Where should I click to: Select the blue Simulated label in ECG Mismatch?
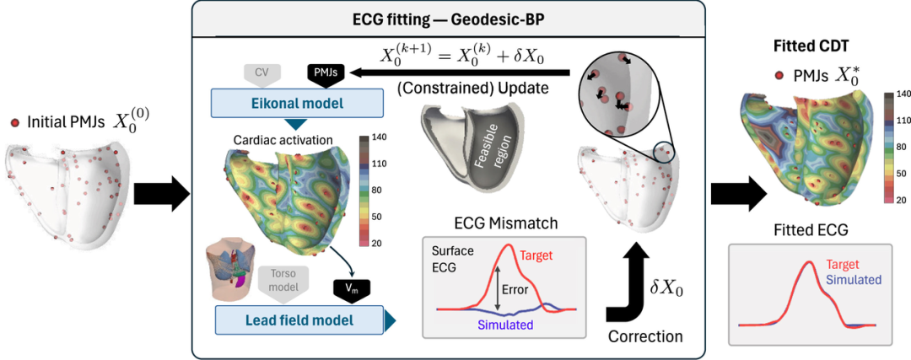505,325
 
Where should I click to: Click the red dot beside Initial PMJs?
16,122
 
